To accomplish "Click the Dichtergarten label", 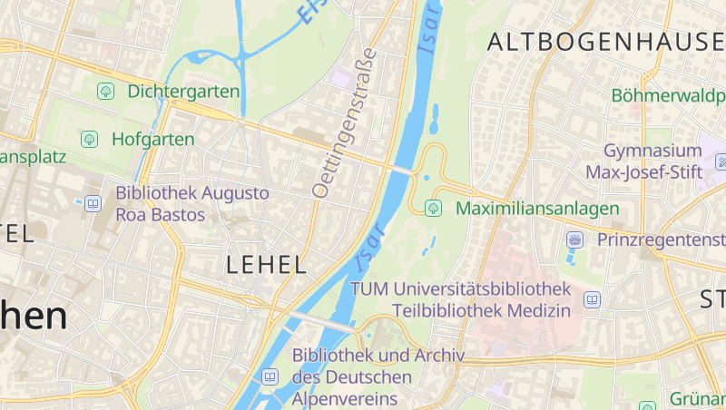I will point(183,91).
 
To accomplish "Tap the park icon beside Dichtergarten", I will point(105,91).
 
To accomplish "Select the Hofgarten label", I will point(152,139).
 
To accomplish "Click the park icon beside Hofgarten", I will point(89,139).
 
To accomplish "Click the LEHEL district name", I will point(265,265).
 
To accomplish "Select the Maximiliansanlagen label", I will point(537,209).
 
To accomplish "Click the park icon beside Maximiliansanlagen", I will point(434,209).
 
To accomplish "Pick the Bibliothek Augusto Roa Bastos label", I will point(192,204).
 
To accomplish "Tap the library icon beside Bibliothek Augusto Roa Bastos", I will point(93,204).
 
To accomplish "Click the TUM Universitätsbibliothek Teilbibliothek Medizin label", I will point(461,299).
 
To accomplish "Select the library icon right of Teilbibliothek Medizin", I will point(593,299).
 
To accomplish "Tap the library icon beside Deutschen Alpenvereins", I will point(270,376).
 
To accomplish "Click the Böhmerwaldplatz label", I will point(669,94).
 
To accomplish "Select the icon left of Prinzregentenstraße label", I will point(574,239).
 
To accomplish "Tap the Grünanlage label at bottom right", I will point(697,398).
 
